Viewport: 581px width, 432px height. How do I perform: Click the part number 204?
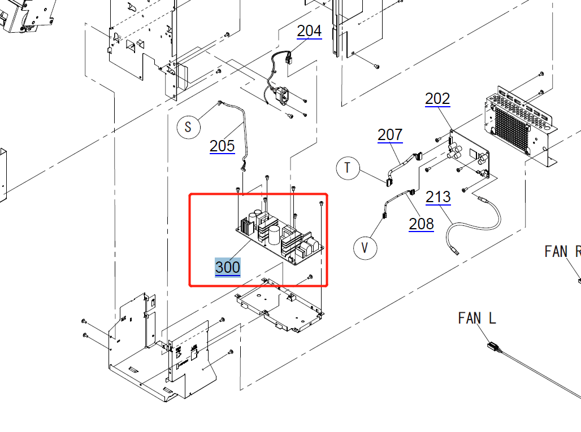pos(309,30)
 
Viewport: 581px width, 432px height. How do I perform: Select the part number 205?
pos(222,146)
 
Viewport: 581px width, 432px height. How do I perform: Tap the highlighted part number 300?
pos(228,267)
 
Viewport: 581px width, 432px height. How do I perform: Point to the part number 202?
pos(437,99)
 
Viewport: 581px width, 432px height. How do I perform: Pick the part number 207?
pos(390,135)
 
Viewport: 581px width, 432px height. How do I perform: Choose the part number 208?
pos(421,224)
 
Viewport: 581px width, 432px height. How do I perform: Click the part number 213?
pos(438,197)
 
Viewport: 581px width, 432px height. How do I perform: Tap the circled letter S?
pos(189,127)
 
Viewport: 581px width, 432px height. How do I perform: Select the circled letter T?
pos(348,168)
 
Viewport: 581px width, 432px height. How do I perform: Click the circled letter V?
pos(365,248)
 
